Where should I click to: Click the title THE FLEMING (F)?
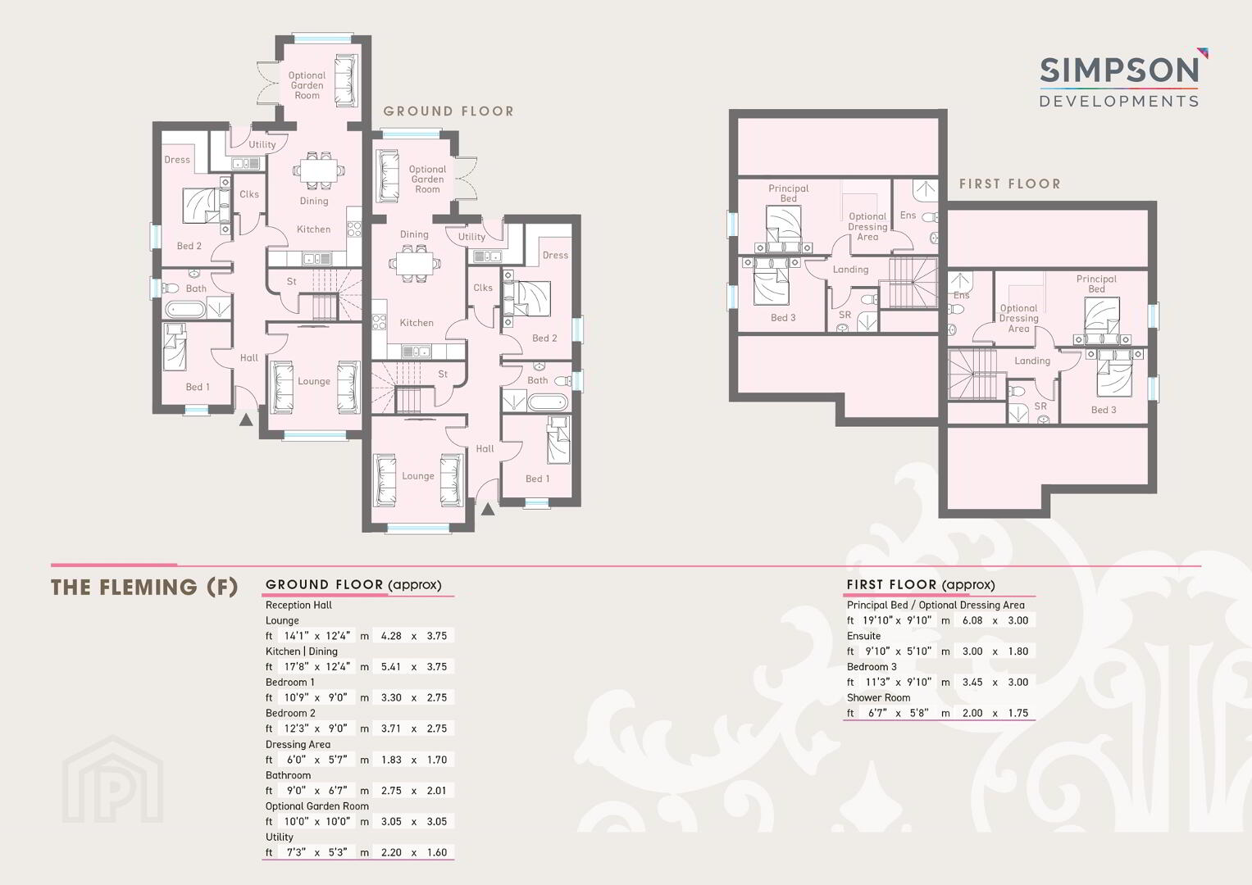coord(144,588)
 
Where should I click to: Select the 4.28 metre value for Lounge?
coord(391,636)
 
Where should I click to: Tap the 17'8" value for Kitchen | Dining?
coord(296,666)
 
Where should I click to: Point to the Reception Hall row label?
coord(298,605)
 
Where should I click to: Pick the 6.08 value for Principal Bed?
coord(972,620)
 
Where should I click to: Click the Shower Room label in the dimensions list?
coord(878,698)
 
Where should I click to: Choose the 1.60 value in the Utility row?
coord(437,852)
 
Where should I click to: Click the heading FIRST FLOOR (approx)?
coord(921,585)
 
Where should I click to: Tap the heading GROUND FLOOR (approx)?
coord(353,585)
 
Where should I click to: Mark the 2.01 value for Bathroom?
coord(437,791)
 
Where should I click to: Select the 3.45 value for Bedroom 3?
coord(972,682)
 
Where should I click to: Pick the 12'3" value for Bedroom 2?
coord(296,728)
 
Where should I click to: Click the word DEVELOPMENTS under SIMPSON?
coord(1119,101)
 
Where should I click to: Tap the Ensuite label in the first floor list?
coord(863,636)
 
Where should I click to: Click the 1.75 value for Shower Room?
coord(1018,713)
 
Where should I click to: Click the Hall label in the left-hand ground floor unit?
coord(249,357)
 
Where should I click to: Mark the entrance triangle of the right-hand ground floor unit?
coord(488,509)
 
